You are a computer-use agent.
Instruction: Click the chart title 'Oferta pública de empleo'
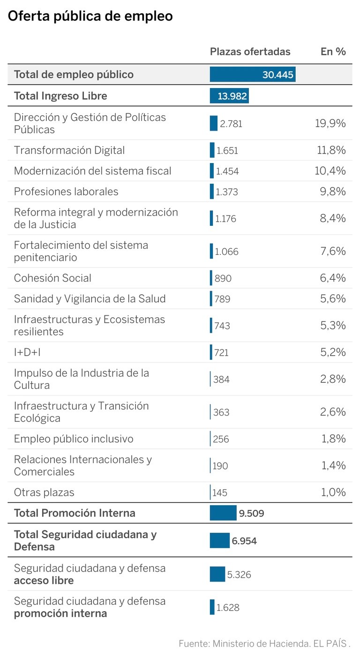90,16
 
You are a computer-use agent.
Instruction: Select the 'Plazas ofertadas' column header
250,52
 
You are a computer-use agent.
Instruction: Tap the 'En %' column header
333,52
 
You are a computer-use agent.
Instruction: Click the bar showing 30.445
252,75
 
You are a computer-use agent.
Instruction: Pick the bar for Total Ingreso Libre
229,96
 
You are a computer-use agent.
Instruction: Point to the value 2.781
231,124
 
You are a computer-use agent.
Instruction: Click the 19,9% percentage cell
330,123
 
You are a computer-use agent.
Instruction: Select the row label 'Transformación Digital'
69,150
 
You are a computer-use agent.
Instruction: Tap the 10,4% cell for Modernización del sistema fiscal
330,171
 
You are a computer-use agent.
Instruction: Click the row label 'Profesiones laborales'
66,192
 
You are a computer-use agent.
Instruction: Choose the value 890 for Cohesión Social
223,278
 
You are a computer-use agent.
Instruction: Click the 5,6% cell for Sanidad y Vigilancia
333,299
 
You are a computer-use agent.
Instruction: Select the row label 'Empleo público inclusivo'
74,439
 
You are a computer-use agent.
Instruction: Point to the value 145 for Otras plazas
220,493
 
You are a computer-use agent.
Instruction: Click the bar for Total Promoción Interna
223,513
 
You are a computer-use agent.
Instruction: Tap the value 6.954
244,541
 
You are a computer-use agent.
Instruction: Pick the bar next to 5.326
217,574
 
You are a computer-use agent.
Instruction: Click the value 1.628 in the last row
228,608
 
